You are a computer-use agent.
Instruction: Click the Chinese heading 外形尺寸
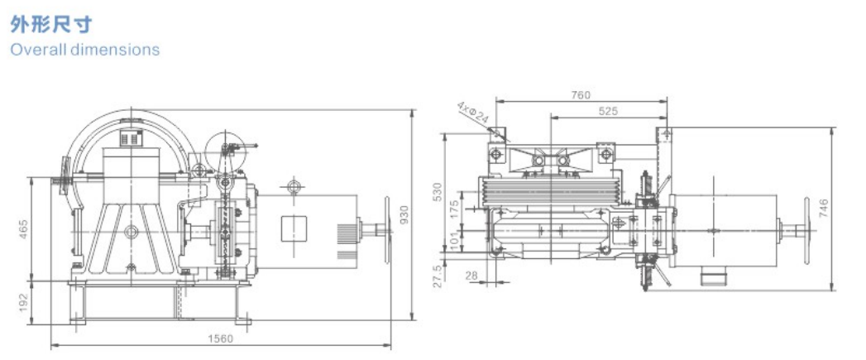pos(50,25)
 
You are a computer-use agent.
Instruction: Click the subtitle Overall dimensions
pos(85,49)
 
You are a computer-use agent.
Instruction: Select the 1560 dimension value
pos(220,338)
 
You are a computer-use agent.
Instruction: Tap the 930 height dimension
pos(404,215)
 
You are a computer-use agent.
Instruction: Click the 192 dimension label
pos(23,301)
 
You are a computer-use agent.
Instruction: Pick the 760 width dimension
pos(580,95)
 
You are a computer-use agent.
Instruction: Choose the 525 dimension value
pos(608,112)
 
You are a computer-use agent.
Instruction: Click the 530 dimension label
pos(438,191)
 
